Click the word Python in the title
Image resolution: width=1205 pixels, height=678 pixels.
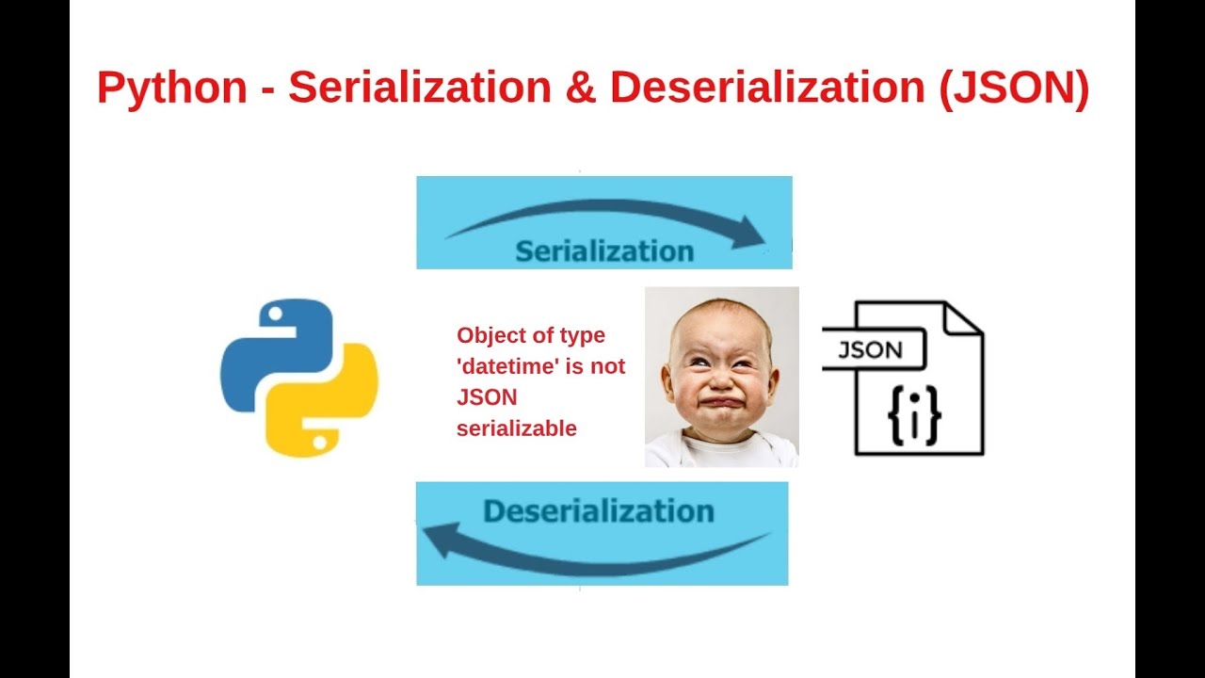pyautogui.click(x=171, y=89)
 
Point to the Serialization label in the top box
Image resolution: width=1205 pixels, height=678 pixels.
pyautogui.click(x=604, y=251)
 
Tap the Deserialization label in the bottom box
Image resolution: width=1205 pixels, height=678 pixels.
pyautogui.click(x=599, y=511)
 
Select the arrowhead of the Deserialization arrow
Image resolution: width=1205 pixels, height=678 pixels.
pyautogui.click(x=439, y=541)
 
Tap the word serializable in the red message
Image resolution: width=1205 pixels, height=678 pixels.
pyautogui.click(x=516, y=428)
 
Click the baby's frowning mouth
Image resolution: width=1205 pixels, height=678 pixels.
pyautogui.click(x=721, y=403)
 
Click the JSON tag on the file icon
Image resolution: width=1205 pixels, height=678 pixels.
pyautogui.click(x=871, y=350)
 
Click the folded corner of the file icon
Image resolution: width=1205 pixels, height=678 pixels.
pyautogui.click(x=963, y=320)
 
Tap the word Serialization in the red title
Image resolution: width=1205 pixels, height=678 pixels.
pyautogui.click(x=420, y=89)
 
